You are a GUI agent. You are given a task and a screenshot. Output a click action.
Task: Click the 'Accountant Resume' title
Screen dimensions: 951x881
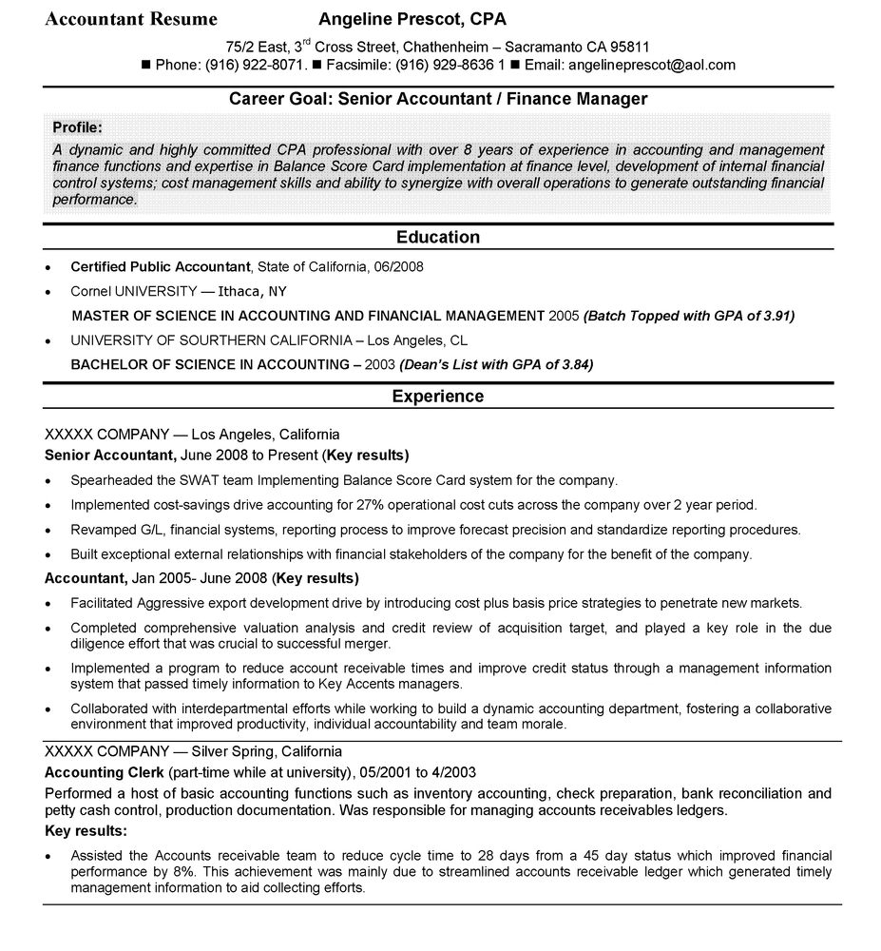131,19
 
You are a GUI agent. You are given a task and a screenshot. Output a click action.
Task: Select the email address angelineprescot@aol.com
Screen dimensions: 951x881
650,65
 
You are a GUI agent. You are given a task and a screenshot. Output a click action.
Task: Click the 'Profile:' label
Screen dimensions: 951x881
78,126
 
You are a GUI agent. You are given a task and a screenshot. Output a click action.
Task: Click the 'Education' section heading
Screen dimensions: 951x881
438,237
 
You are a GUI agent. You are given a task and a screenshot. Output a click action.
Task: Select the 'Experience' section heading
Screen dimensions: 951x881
438,396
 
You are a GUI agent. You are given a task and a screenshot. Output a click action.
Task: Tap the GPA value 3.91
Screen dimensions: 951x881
776,315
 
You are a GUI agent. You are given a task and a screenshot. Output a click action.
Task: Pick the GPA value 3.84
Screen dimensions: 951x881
575,364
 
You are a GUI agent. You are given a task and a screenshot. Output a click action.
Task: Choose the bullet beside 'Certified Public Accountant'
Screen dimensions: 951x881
48,268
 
